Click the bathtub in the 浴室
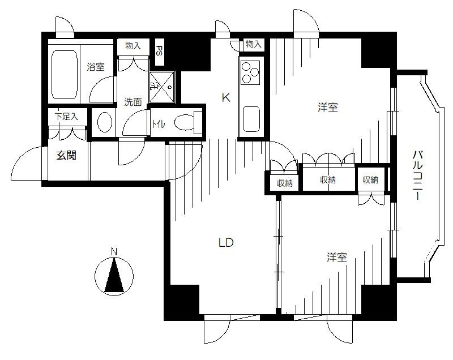click(65, 75)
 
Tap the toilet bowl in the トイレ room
click(185, 123)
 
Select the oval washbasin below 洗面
click(105, 122)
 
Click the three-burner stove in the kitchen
click(250, 73)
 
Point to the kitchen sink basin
click(251, 119)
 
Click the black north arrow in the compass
click(114, 275)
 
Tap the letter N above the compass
click(114, 252)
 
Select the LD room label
click(225, 243)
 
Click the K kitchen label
click(226, 98)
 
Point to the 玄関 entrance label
click(66, 156)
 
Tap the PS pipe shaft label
click(159, 51)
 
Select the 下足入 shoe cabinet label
click(66, 117)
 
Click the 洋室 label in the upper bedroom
click(328, 108)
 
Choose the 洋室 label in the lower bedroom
click(337, 257)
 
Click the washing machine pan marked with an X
click(162, 87)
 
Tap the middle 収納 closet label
click(328, 180)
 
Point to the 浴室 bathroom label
click(96, 67)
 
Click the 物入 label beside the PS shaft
click(133, 46)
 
